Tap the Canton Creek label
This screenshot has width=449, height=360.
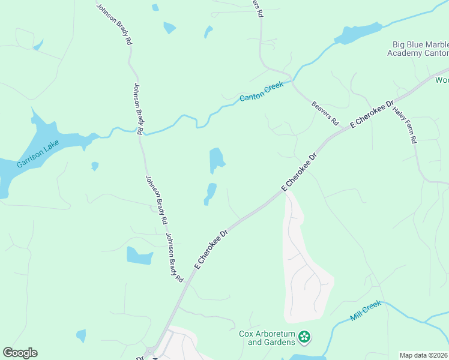pyautogui.click(x=261, y=92)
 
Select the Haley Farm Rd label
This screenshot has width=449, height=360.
pyautogui.click(x=405, y=124)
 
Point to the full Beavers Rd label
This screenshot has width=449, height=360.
pyautogui.click(x=325, y=113)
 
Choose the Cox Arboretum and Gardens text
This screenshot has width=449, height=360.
pyautogui.click(x=267, y=338)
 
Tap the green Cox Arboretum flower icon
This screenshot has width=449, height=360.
pyautogui.click(x=305, y=337)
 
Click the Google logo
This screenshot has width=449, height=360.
pyautogui.click(x=20, y=353)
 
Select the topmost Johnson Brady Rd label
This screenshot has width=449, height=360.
pyautogui.click(x=114, y=24)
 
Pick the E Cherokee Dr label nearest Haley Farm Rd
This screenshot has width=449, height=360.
pyautogui.click(x=372, y=114)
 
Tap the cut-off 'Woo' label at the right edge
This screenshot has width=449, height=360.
pyautogui.click(x=442, y=80)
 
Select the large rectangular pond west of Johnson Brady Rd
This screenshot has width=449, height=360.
pyautogui.click(x=139, y=256)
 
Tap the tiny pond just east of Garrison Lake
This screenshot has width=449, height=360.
pyautogui.click(x=95, y=166)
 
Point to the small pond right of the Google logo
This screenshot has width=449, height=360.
pyautogui.click(x=80, y=335)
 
